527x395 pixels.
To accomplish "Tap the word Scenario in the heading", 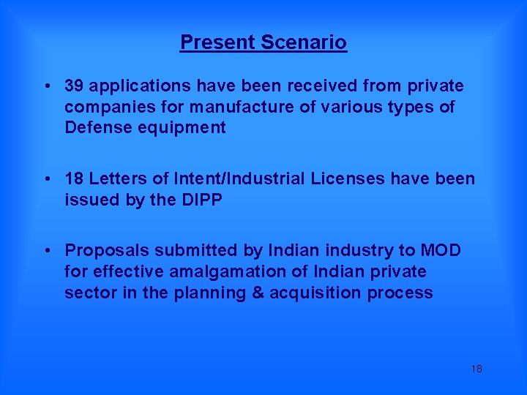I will (306, 42).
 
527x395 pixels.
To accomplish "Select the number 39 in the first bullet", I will (73, 86).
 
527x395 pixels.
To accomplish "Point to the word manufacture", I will (233, 108).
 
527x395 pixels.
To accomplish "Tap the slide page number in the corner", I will (476, 369).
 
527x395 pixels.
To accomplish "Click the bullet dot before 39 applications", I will (46, 86).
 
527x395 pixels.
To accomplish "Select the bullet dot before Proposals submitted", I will (46, 251).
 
